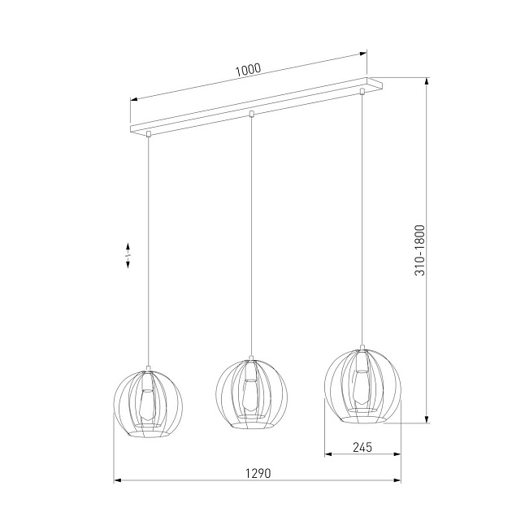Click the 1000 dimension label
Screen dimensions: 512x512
[x=248, y=70]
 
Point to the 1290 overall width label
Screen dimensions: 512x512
[x=257, y=473]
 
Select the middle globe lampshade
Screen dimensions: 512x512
[x=251, y=393]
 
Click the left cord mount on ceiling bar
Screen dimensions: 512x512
[x=149, y=132]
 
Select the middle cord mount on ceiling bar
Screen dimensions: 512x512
[x=252, y=113]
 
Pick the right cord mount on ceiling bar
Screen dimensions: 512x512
[x=362, y=92]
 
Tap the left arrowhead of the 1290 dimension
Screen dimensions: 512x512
[x=115, y=481]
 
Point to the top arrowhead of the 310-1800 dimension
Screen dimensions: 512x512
[x=427, y=81]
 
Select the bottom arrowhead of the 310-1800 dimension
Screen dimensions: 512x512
[x=427, y=420]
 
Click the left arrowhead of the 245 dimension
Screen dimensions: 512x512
[x=327, y=453]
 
